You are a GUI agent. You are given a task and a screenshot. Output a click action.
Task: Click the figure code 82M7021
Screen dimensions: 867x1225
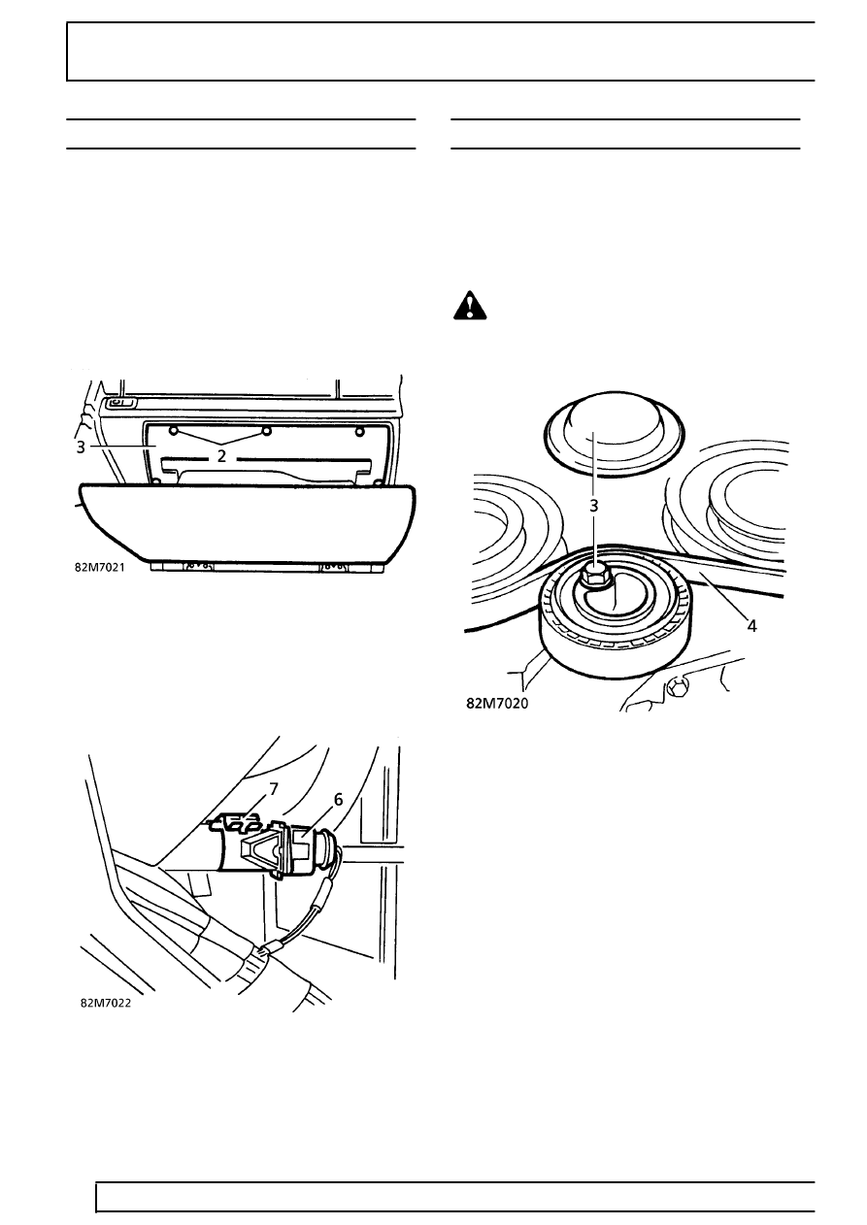pyautogui.click(x=100, y=568)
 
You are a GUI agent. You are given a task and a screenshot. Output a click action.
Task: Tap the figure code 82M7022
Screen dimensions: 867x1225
pyautogui.click(x=106, y=1004)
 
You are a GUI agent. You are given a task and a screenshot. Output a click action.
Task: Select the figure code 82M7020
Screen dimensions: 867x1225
pyautogui.click(x=497, y=704)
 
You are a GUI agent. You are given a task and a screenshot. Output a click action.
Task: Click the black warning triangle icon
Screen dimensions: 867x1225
pyautogui.click(x=470, y=306)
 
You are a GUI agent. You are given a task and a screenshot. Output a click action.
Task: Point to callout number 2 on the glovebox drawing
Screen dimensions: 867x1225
pyautogui.click(x=221, y=456)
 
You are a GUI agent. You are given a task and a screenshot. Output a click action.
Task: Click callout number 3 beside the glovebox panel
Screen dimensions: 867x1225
pyautogui.click(x=81, y=447)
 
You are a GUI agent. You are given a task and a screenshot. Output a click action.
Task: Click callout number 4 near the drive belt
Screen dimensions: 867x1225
pyautogui.click(x=752, y=626)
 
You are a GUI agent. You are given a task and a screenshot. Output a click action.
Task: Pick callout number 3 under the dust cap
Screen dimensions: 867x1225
pyautogui.click(x=594, y=506)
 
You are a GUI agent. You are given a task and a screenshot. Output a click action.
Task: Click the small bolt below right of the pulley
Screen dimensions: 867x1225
pyautogui.click(x=678, y=689)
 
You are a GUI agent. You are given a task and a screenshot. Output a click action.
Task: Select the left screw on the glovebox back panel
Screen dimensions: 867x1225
pyautogui.click(x=174, y=432)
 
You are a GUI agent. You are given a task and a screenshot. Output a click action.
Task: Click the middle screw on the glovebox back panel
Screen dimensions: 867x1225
pyautogui.click(x=266, y=432)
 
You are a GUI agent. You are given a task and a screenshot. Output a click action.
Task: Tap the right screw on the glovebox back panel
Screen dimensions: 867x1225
pyautogui.click(x=360, y=432)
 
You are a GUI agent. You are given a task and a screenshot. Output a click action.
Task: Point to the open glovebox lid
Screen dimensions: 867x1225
pyautogui.click(x=248, y=522)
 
